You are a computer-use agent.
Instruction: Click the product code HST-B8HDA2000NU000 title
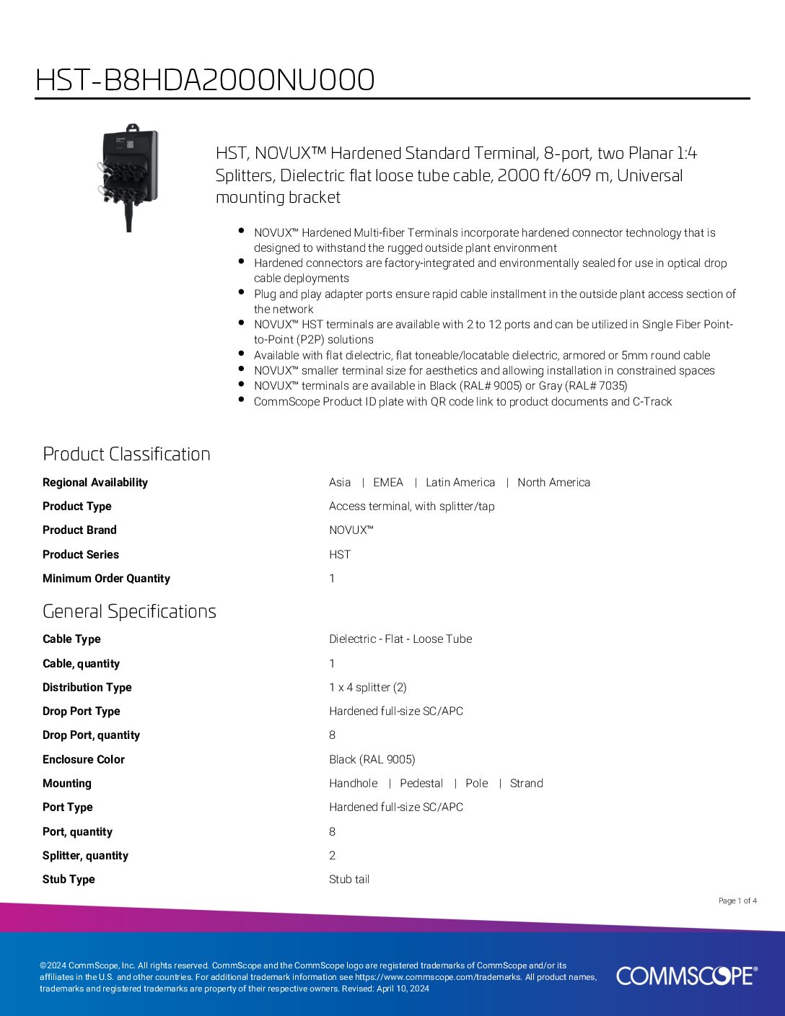click(205, 80)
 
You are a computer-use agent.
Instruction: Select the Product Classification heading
click(126, 454)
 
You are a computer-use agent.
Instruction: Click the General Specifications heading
click(129, 611)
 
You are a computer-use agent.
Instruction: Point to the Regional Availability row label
click(95, 483)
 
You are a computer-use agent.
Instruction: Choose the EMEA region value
click(388, 483)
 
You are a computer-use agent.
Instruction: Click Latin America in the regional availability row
click(460, 483)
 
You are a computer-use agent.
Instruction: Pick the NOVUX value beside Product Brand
click(351, 530)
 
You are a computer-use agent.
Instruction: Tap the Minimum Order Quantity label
click(106, 579)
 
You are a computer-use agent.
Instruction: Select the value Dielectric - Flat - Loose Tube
click(400, 639)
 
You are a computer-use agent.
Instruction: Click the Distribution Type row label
click(87, 688)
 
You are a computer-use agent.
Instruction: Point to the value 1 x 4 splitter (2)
click(368, 688)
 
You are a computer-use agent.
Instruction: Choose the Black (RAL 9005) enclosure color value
click(372, 760)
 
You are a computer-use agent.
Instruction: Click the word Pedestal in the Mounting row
click(421, 784)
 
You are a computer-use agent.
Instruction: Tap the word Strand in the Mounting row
click(527, 784)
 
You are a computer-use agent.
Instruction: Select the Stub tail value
click(349, 880)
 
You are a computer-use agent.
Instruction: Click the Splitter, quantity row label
click(85, 856)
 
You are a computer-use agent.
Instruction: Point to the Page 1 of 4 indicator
click(737, 901)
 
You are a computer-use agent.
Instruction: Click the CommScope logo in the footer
click(686, 976)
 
